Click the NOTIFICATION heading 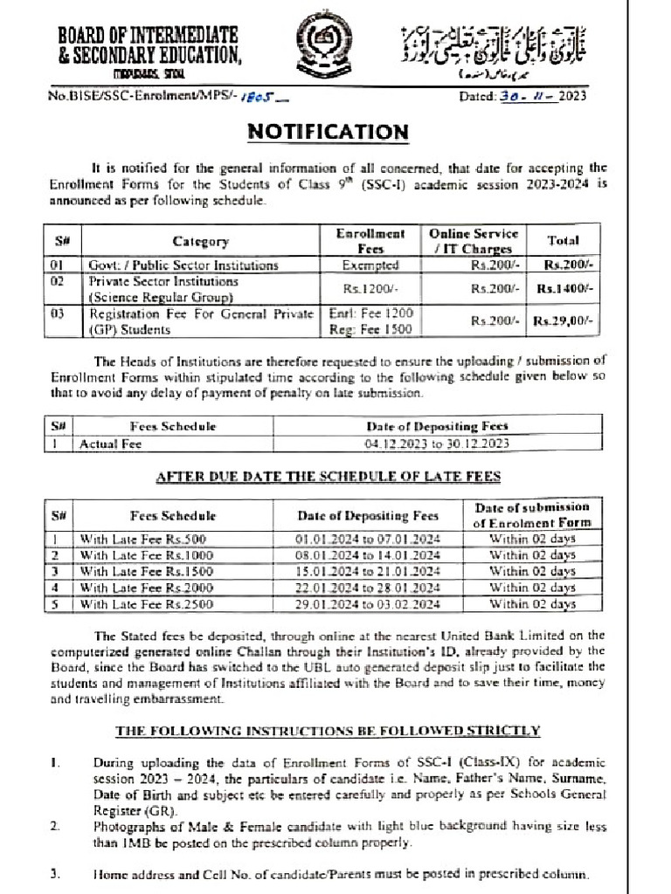[328, 132]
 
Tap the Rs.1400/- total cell [564, 288]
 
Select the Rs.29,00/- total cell [564, 321]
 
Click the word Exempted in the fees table [370, 265]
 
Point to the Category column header [200, 242]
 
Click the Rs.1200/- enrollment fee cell [370, 288]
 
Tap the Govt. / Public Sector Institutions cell [183, 265]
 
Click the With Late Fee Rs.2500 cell [146, 602]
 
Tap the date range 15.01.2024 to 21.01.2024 [367, 571]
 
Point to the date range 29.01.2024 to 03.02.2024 [367, 602]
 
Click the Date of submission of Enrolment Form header [531, 514]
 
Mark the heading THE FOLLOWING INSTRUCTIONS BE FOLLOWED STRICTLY [328, 730]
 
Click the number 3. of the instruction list [55, 874]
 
